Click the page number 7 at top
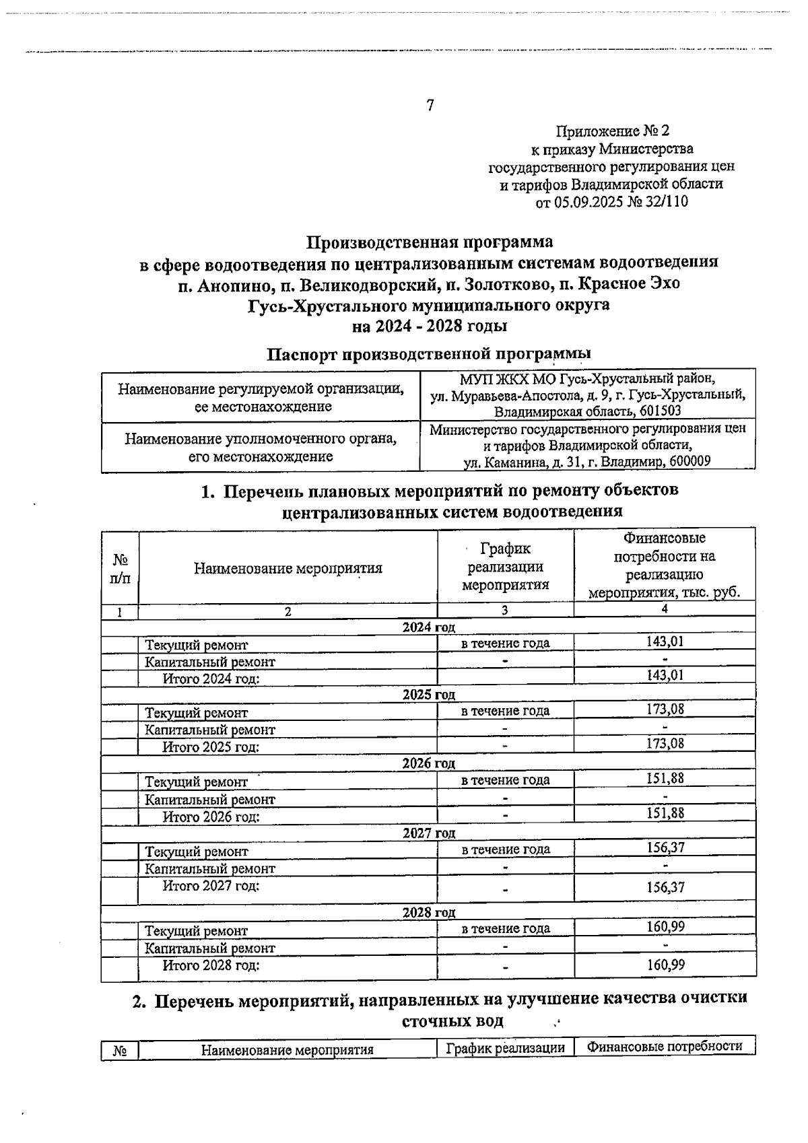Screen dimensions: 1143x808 (x=430, y=106)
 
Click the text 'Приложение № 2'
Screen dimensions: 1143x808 (x=613, y=131)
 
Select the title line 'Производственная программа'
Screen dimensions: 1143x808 (x=430, y=241)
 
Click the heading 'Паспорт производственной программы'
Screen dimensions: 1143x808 (x=430, y=353)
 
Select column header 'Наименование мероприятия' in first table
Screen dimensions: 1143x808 (x=288, y=568)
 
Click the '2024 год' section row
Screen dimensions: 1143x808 (x=429, y=627)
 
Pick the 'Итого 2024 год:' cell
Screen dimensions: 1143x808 (x=211, y=679)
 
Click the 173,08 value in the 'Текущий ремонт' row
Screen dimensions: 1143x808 (x=665, y=709)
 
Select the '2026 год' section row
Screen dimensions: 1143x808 (x=429, y=763)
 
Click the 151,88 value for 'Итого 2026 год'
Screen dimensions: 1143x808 (x=665, y=813)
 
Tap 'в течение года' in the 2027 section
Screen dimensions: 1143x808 (x=506, y=850)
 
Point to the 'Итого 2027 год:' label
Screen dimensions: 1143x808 (x=211, y=886)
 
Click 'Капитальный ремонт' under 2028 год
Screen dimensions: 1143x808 (x=210, y=948)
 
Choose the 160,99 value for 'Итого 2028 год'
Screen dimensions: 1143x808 (x=665, y=965)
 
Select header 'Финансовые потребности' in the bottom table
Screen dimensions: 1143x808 (x=665, y=1047)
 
